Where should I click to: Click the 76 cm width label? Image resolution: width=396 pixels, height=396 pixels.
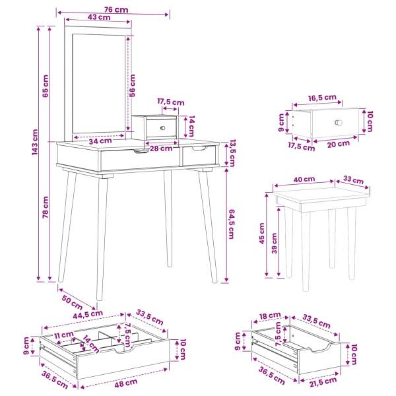116,10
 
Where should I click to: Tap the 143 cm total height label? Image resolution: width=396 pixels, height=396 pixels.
35,142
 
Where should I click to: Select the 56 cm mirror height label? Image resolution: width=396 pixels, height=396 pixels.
133,85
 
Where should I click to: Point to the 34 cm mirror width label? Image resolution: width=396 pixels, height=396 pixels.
100,141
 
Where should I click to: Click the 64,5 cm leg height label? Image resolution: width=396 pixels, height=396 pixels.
231,224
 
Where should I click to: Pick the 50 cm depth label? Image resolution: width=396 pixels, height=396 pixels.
72,302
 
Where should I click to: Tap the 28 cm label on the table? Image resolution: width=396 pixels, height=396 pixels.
161,148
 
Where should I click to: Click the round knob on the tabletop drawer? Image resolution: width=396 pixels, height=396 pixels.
163,128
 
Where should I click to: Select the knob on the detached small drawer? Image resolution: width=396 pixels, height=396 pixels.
339,123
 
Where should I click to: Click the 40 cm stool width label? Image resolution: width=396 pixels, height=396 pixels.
304,180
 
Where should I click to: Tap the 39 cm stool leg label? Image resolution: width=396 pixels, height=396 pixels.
275,243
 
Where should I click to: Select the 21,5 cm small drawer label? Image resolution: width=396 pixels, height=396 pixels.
323,382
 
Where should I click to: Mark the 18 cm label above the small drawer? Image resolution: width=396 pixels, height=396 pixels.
270,315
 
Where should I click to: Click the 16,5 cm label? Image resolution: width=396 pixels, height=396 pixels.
322,98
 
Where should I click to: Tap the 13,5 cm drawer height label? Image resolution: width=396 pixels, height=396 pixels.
232,153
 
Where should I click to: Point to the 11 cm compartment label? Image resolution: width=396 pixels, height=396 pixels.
64,335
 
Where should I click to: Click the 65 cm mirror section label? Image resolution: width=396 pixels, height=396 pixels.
46,86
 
